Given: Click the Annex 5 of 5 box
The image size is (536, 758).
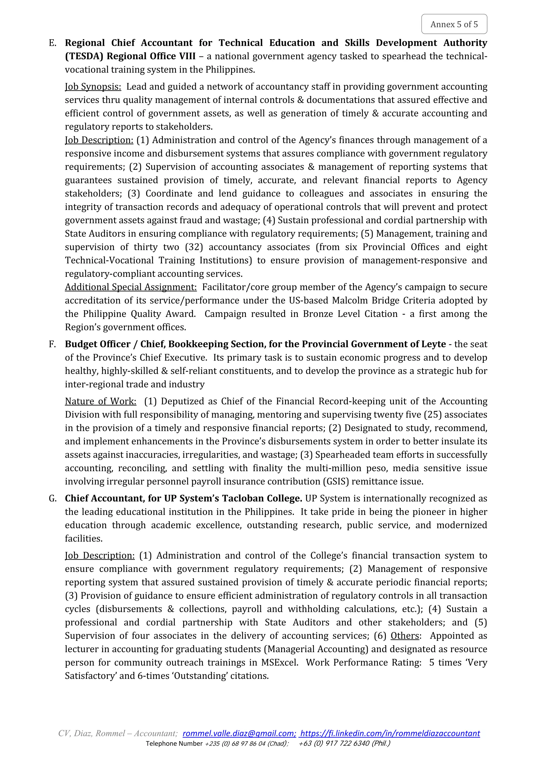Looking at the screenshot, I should [x=454, y=24].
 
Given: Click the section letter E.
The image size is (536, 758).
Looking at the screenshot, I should [x=52, y=43].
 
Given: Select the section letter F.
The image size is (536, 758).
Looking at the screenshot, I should [x=52, y=344].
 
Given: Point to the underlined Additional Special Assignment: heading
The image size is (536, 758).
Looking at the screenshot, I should [x=131, y=287].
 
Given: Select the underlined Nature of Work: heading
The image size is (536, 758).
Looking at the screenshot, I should [x=100, y=401].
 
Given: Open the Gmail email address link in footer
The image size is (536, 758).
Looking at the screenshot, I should [x=239, y=743].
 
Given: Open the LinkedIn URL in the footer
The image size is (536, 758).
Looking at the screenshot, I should [x=390, y=743].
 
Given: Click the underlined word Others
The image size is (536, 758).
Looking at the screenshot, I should [x=405, y=636].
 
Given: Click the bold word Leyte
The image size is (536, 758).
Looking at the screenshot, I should [x=434, y=344].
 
